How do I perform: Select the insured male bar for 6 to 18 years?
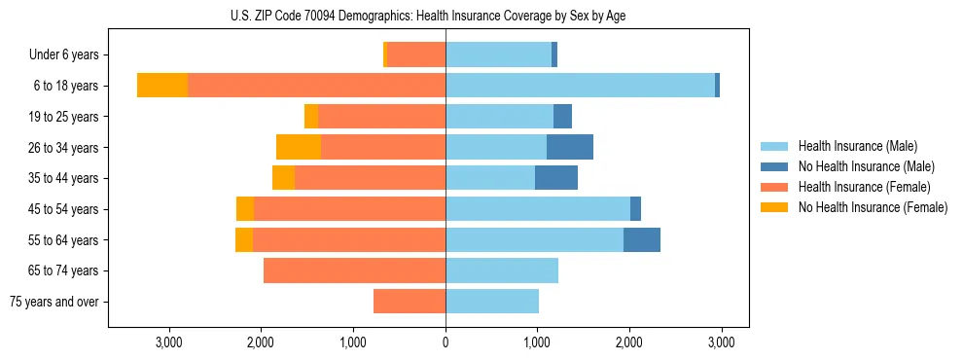pos(580,86)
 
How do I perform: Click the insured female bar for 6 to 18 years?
pos(316,86)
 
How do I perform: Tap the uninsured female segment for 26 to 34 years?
pos(299,147)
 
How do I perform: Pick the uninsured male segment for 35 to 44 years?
pos(556,178)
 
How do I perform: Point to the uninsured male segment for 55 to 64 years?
pos(642,239)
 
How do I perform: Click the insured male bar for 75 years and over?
pos(492,302)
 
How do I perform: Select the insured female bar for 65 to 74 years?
pos(354,270)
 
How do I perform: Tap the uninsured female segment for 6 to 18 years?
pos(162,86)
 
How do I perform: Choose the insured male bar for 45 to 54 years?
pos(538,209)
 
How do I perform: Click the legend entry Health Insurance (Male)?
pos(857,146)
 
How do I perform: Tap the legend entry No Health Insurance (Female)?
pos(872,207)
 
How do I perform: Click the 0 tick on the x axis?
pos(446,342)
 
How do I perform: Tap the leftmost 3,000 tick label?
pos(169,342)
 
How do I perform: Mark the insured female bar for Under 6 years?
pos(416,54)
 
